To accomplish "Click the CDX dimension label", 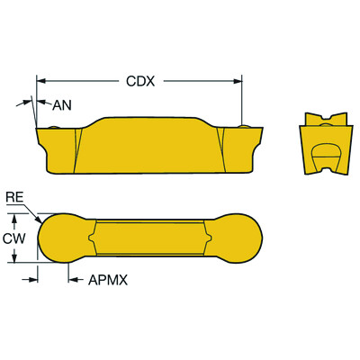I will point(139,80).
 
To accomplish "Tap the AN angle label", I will point(62,105).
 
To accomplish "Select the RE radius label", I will point(14,196).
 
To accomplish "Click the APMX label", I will point(109,280).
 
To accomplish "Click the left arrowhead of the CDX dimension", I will point(40,80).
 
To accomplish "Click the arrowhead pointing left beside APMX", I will point(73,280).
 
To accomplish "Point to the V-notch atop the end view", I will point(325,118).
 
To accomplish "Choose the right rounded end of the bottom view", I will point(238,238).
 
